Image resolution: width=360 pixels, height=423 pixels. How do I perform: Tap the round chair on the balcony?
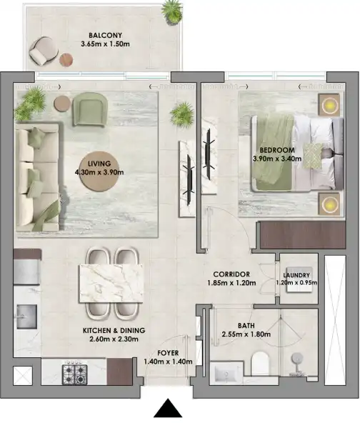[x=44, y=49]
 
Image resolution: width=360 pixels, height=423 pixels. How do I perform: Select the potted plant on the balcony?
[x=171, y=10]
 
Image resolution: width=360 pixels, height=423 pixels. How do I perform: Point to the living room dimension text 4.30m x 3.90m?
[x=100, y=171]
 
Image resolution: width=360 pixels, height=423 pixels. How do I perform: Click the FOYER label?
[x=169, y=352]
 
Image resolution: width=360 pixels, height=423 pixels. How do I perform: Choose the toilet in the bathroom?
[x=260, y=363]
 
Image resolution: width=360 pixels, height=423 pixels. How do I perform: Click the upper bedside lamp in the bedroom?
[x=329, y=106]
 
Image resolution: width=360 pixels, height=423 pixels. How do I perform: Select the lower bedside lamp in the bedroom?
[x=329, y=204]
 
